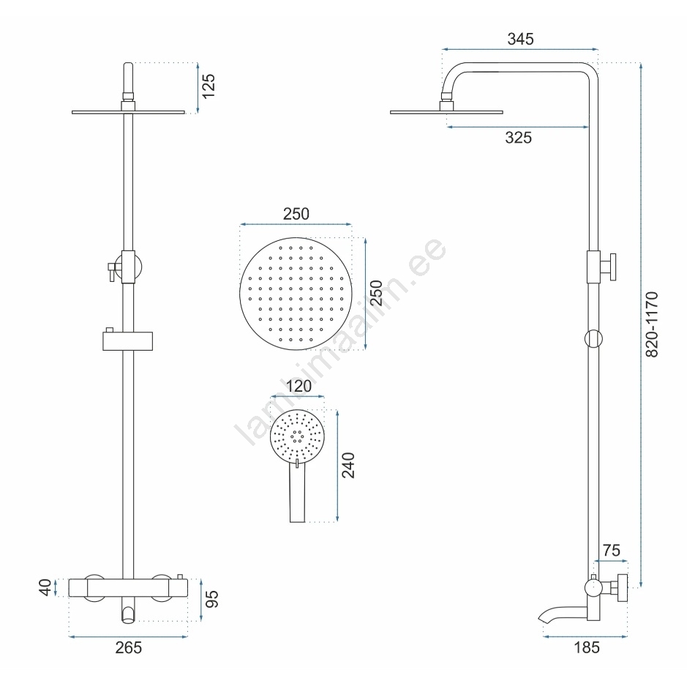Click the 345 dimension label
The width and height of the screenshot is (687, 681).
[x=520, y=40]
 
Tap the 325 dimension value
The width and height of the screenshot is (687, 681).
[x=518, y=138]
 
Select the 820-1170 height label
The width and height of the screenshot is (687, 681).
[x=652, y=324]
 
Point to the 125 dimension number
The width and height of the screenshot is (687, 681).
[x=209, y=86]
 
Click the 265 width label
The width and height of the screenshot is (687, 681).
[x=129, y=647]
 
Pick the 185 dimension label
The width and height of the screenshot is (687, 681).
[x=587, y=647]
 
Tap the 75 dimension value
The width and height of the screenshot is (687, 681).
[x=611, y=551]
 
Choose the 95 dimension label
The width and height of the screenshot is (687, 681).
[x=211, y=599]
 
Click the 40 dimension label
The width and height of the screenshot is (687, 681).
[x=45, y=587]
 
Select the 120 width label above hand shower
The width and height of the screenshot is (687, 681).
[x=299, y=387]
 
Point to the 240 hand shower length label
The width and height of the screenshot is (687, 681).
[x=348, y=465]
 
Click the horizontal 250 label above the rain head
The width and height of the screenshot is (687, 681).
[x=296, y=214]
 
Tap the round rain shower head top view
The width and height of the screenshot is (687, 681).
[x=296, y=294]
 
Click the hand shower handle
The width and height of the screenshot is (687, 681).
[x=297, y=494]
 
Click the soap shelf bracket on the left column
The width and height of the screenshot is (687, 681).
[x=127, y=340]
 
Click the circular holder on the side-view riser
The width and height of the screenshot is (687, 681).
[x=593, y=339]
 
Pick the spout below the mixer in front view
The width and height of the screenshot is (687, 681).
[x=128, y=613]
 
